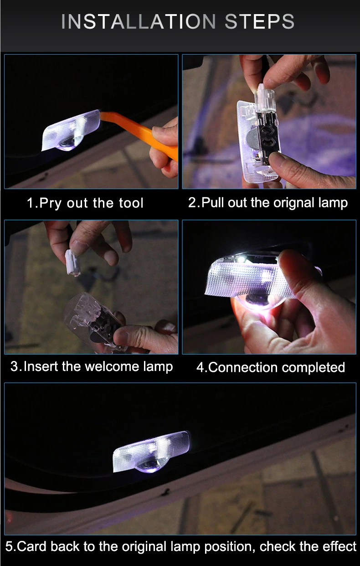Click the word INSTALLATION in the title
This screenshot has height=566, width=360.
coord(139,21)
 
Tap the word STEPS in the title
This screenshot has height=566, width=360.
coord(259,21)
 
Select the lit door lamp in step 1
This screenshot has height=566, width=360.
coord(71,131)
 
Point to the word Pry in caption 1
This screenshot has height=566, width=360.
coord(50,203)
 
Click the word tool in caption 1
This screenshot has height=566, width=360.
coord(131,203)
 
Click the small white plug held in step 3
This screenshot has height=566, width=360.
coord(72,263)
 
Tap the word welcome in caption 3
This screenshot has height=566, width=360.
coord(112,367)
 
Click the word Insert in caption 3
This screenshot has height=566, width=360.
coord(41,367)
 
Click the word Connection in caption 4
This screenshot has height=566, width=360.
coord(243,367)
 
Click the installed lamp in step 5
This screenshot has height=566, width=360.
coord(152,452)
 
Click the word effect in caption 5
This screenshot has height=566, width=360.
coord(339,546)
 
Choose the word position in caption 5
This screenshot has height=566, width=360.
coord(229,547)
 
